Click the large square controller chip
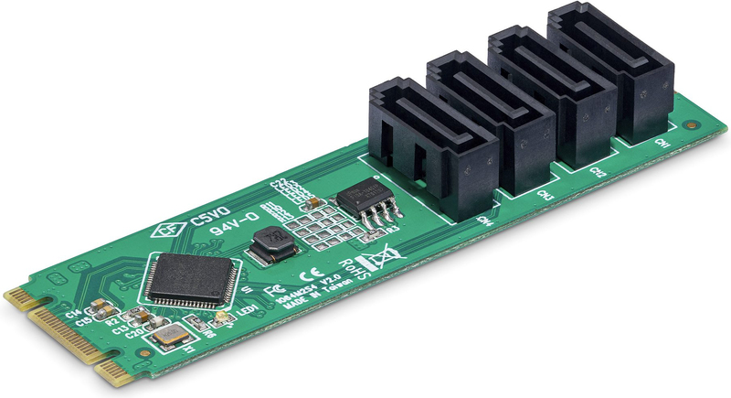pos(192,277)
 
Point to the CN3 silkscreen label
pos(546,195)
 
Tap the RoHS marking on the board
pos(352,268)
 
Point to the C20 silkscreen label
pos(133,333)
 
